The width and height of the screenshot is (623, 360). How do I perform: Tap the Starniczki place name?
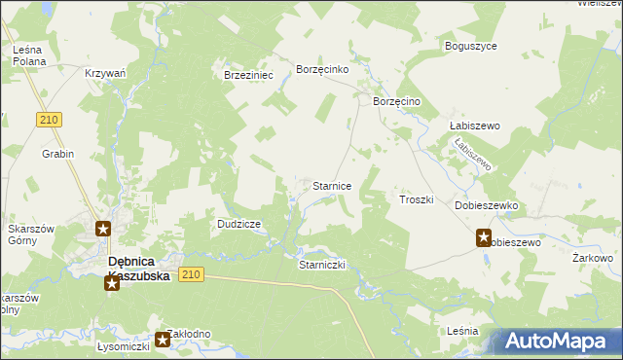coord(322,265)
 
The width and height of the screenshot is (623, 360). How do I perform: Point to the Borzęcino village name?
coord(396,101)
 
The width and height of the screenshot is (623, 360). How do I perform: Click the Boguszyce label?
coord(470,46)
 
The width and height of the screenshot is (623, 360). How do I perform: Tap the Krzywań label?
coord(106,74)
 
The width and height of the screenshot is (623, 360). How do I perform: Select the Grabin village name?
coord(57,154)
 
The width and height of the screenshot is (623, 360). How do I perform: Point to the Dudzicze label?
coord(238,224)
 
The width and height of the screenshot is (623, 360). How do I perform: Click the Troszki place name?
coord(416,199)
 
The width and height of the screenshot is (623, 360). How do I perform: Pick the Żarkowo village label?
coord(592,258)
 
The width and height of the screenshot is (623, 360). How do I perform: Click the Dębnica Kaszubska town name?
coord(137,269)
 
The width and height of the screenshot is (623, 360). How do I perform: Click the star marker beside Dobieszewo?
coord(484,236)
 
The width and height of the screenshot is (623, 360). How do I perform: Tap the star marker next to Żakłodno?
coord(162,341)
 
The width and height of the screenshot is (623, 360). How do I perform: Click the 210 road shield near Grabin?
coord(52,120)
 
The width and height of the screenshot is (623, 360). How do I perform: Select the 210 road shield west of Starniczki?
coord(191,275)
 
